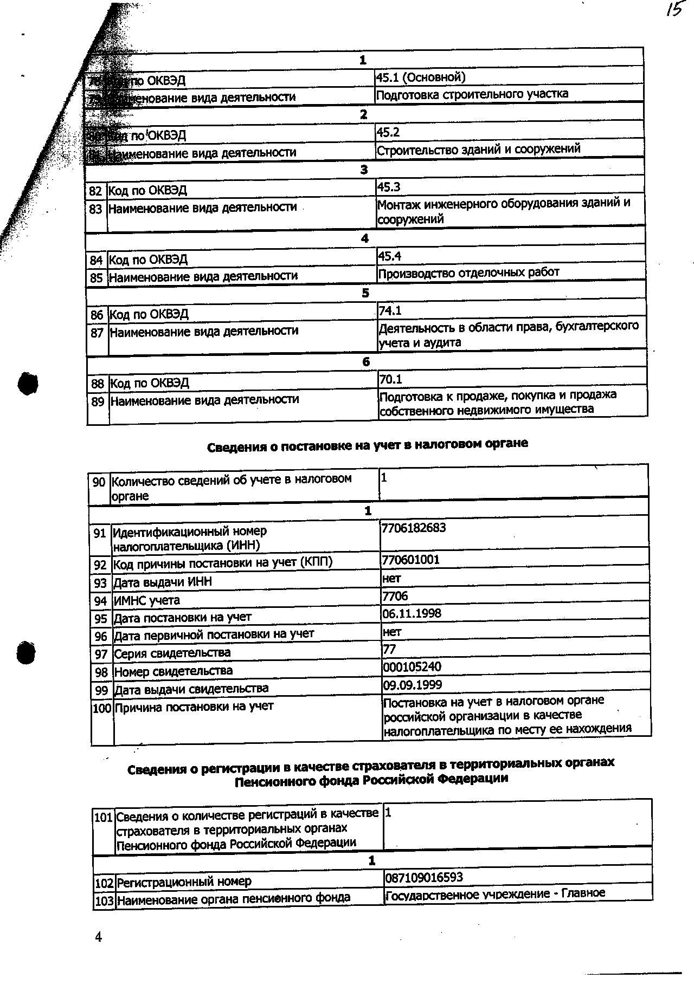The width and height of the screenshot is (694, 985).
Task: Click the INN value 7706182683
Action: point(414,528)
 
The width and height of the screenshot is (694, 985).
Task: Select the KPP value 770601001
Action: point(411,559)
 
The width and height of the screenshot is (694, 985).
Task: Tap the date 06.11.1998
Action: point(412,613)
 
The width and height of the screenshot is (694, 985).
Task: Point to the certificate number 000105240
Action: point(412,666)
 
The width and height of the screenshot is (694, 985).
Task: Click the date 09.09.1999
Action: point(413,685)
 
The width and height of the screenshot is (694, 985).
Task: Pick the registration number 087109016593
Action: point(424,877)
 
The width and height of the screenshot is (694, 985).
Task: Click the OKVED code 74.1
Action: point(390,310)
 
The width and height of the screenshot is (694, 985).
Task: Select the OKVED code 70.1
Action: point(391,379)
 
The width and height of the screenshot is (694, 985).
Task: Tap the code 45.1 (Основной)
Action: point(421,77)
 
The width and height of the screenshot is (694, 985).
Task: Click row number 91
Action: point(100,534)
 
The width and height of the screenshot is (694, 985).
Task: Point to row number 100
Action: point(102,708)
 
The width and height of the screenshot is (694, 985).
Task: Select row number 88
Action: point(98,384)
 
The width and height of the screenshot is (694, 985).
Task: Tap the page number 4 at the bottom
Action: point(98,937)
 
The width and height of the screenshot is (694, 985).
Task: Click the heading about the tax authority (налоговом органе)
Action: point(368,445)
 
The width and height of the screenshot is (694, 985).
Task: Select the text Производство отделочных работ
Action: point(468,273)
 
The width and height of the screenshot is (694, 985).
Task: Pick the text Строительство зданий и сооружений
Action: point(479,149)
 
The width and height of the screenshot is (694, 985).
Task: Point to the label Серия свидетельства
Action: point(172,653)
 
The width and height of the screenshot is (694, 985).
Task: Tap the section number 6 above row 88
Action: point(366,362)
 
